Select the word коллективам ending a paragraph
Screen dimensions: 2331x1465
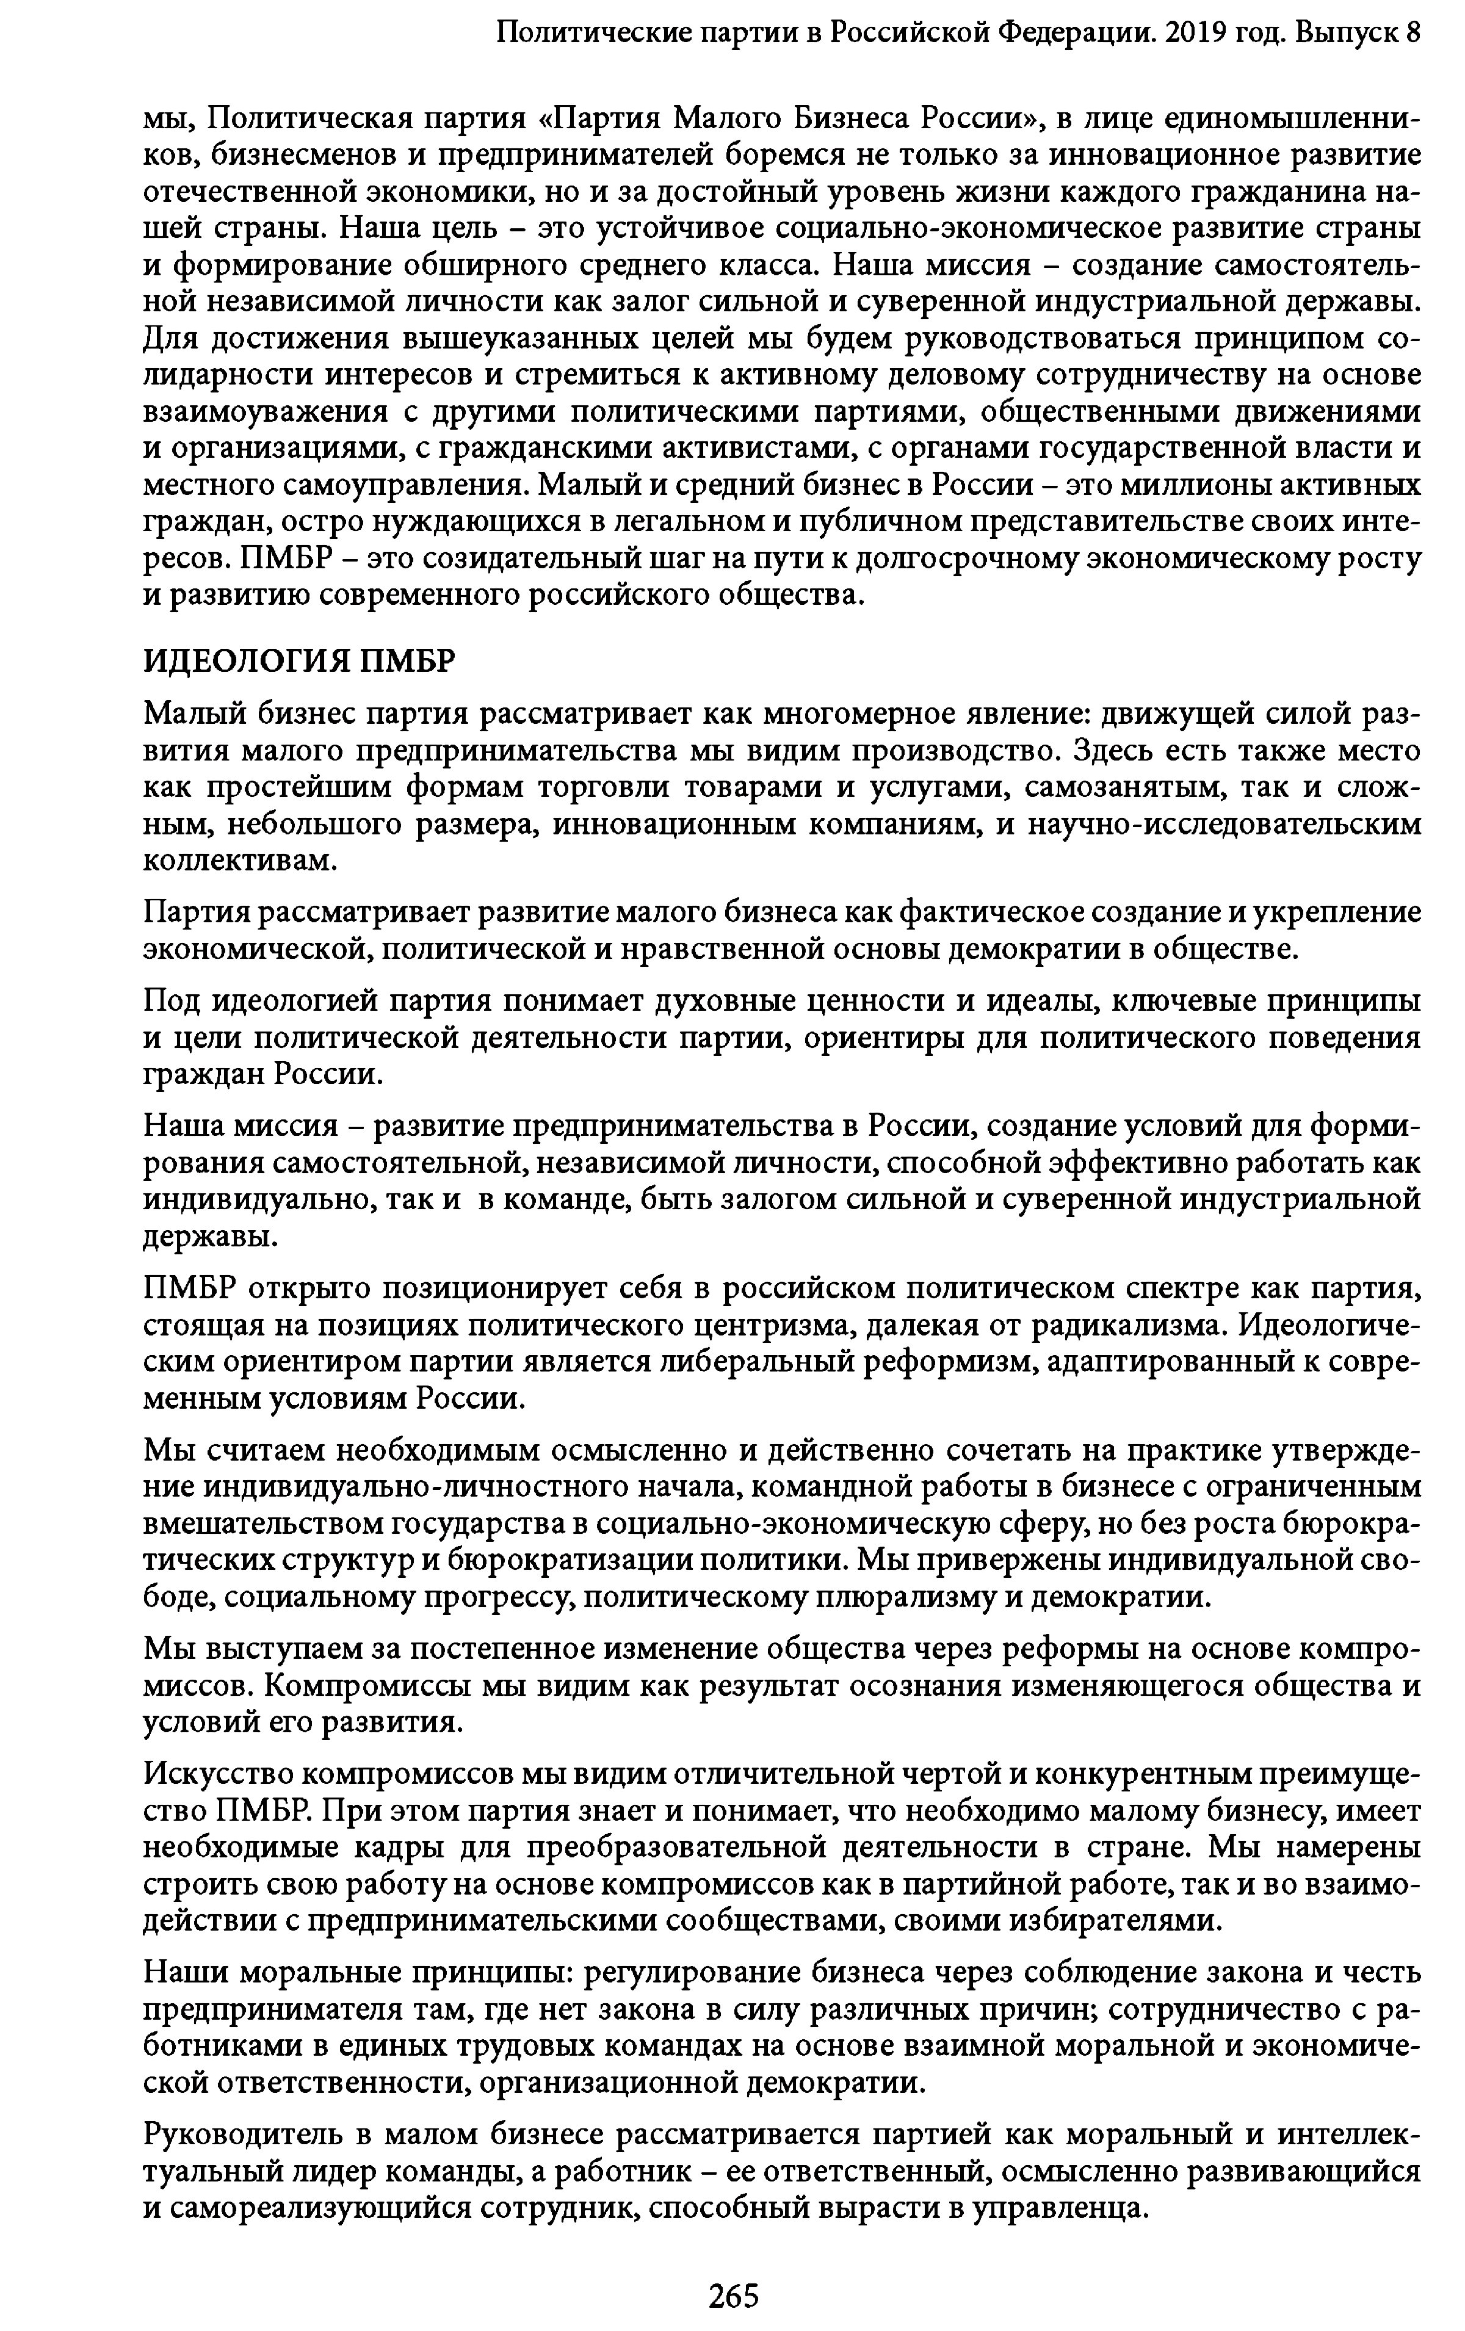[239, 861]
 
